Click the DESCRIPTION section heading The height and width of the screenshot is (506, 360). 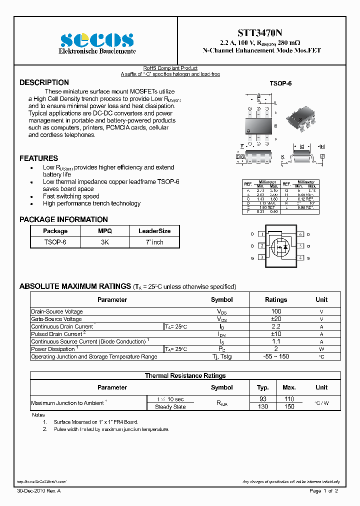coord(44,82)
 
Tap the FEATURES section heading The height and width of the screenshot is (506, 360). coord(38,158)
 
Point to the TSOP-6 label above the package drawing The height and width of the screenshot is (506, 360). coord(280,84)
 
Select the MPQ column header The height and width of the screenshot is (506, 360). coord(105,231)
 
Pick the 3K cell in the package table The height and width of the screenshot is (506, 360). coord(105,242)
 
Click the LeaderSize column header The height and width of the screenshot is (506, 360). coord(154,231)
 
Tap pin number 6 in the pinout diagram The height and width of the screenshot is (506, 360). coord(300,234)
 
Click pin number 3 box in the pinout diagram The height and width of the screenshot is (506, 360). coord(261,257)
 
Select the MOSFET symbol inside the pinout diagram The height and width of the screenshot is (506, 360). coord(280,246)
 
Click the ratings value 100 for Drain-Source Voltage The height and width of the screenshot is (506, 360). coord(275,311)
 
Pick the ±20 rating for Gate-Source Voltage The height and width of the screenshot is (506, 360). coord(275,319)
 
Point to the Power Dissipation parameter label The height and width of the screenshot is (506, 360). coord(53,349)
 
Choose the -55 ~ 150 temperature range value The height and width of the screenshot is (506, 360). coord(275,356)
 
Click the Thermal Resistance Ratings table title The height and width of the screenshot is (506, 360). coord(185,375)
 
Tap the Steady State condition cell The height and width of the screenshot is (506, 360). coord(170,406)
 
